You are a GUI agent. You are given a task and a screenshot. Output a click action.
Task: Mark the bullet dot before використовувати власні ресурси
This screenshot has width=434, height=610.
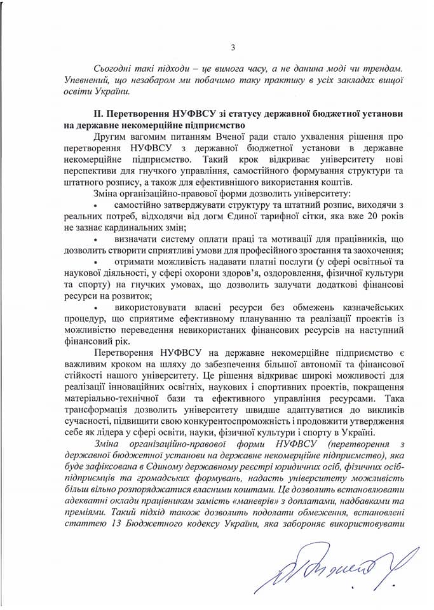click(x=95, y=308)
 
